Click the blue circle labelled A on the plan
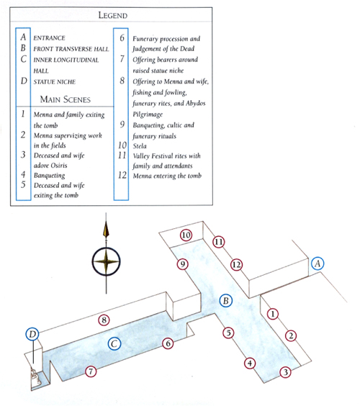(318, 263)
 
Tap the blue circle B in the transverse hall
(225, 301)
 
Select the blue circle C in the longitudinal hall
(114, 344)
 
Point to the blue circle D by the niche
(32, 334)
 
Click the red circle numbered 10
(186, 235)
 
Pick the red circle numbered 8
(104, 320)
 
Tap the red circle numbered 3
(285, 372)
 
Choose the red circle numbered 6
(168, 343)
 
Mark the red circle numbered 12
(236, 265)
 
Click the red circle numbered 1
(272, 314)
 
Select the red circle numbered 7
(91, 371)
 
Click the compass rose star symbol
(106, 261)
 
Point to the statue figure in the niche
(35, 376)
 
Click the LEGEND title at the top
(113, 15)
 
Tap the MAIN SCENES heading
(66, 99)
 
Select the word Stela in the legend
(140, 146)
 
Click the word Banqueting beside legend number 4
(49, 176)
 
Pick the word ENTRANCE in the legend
(49, 38)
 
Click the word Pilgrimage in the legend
(148, 114)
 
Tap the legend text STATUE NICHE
(55, 82)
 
